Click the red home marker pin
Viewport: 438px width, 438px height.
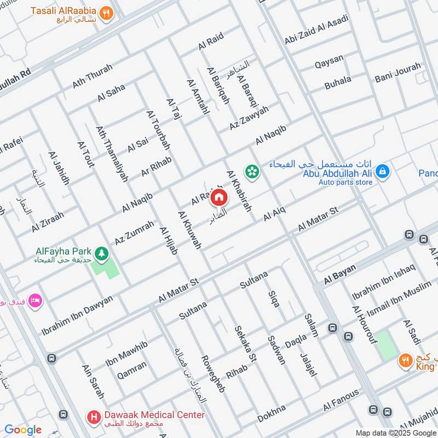click(x=218, y=197)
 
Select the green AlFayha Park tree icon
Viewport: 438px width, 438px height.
click(x=101, y=253)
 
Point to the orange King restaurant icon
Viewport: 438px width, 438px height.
click(x=406, y=360)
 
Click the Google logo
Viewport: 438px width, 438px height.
click(x=23, y=430)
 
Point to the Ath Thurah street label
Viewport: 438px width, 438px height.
click(x=92, y=76)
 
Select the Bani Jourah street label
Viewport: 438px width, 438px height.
click(x=398, y=73)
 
